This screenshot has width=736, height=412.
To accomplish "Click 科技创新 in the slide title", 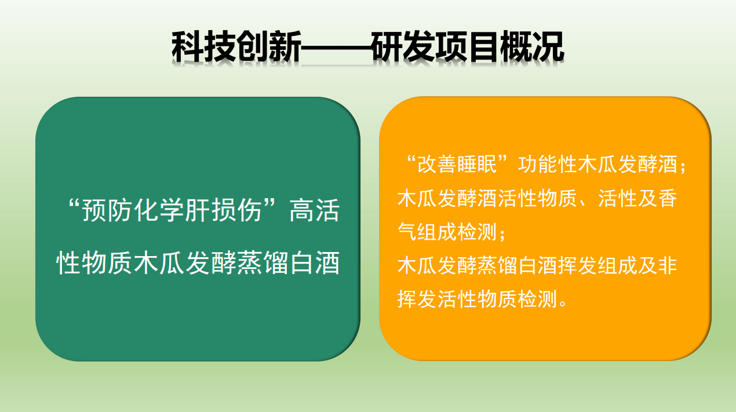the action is tap(236, 47).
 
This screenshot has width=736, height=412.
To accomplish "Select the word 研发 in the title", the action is tap(403, 47).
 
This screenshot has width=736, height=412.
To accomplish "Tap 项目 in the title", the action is tap(468, 47).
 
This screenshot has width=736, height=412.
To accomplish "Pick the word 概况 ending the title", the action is tap(532, 47).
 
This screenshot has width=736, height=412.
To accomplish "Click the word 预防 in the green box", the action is tap(107, 210).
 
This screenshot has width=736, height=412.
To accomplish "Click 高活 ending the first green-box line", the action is tap(314, 210).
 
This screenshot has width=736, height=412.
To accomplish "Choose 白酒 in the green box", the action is tap(315, 263).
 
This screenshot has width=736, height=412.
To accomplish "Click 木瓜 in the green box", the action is tap(159, 263).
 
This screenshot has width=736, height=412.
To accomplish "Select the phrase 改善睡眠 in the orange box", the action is tap(457, 164).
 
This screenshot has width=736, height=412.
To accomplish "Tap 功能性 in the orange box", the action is tap(548, 164).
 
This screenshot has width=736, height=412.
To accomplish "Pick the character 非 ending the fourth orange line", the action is tap(668, 265).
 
